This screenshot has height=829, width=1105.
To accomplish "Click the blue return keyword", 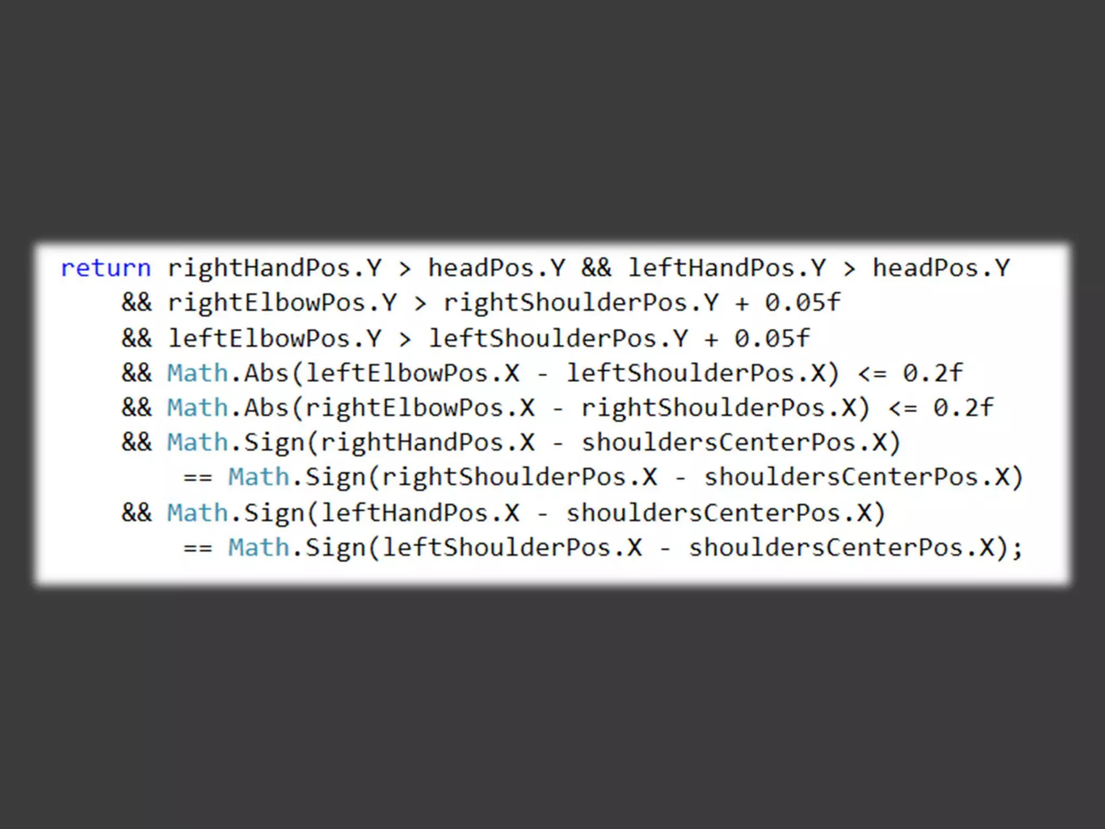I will click(x=106, y=268).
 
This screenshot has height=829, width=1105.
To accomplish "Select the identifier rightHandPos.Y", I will click(x=275, y=268).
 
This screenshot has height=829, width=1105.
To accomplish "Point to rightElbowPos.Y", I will click(x=282, y=303).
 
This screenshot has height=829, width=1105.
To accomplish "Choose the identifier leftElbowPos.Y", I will click(x=275, y=338).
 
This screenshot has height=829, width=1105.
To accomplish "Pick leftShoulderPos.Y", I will click(x=558, y=338).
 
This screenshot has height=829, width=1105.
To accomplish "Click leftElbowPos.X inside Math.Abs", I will click(x=413, y=373).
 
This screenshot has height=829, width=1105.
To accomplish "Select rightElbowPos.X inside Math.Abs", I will click(x=420, y=408).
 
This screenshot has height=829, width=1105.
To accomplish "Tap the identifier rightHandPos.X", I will click(x=428, y=443).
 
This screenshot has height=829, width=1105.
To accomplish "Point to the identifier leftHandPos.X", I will click(x=420, y=513).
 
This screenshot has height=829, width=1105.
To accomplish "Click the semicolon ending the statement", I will click(x=1017, y=548).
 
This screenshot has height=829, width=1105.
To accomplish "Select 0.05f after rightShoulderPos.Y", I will click(x=802, y=303).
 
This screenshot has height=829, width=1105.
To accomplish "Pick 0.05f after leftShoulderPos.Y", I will click(x=772, y=338).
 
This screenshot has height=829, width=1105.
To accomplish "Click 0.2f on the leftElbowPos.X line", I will click(x=933, y=373).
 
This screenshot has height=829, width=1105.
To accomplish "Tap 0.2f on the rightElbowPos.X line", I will click(x=963, y=408).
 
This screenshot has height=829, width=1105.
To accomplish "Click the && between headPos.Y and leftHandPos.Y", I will click(x=596, y=268).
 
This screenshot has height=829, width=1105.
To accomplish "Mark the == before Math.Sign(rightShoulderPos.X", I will click(x=198, y=478).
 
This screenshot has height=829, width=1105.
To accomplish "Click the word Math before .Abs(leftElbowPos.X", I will click(x=197, y=373).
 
